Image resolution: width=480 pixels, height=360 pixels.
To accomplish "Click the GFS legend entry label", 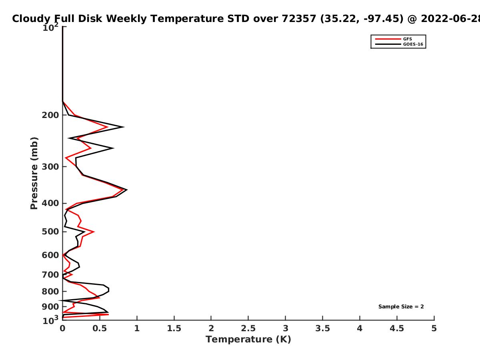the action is (407, 39).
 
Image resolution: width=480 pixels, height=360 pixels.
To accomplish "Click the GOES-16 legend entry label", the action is (413, 44).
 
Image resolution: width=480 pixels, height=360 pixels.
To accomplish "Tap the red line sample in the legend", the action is (388, 39).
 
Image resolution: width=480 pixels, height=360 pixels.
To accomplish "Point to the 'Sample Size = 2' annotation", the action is (401, 307).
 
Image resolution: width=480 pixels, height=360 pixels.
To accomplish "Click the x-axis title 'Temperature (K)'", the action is (248, 340).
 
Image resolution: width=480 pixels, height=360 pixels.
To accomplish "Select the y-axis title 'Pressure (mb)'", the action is (34, 173).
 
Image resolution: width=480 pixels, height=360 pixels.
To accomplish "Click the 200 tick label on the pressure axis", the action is (50, 115).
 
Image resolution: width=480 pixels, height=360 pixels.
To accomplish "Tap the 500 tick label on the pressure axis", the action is (50, 232).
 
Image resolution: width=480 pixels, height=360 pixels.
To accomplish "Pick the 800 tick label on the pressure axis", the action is (50, 291).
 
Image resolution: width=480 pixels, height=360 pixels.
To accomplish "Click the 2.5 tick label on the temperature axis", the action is (248, 328).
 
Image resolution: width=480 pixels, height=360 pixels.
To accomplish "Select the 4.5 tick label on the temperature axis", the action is (397, 328).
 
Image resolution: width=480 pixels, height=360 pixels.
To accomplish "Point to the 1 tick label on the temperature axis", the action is (137, 328).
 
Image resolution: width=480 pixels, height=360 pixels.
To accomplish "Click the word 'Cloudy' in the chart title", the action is (31, 19).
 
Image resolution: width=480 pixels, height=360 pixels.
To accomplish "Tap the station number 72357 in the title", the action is (299, 18).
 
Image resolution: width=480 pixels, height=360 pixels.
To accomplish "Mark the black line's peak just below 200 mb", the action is (124, 127).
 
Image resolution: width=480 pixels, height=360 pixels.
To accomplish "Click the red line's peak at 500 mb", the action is (94, 232).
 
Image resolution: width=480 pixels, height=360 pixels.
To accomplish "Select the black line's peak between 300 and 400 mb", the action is (127, 190).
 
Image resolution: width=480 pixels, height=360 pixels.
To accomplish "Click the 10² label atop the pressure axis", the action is (50, 27).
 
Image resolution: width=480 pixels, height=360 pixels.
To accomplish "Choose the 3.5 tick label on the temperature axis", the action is (322, 328).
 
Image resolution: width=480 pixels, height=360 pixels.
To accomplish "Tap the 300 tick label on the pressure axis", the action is (50, 167).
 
